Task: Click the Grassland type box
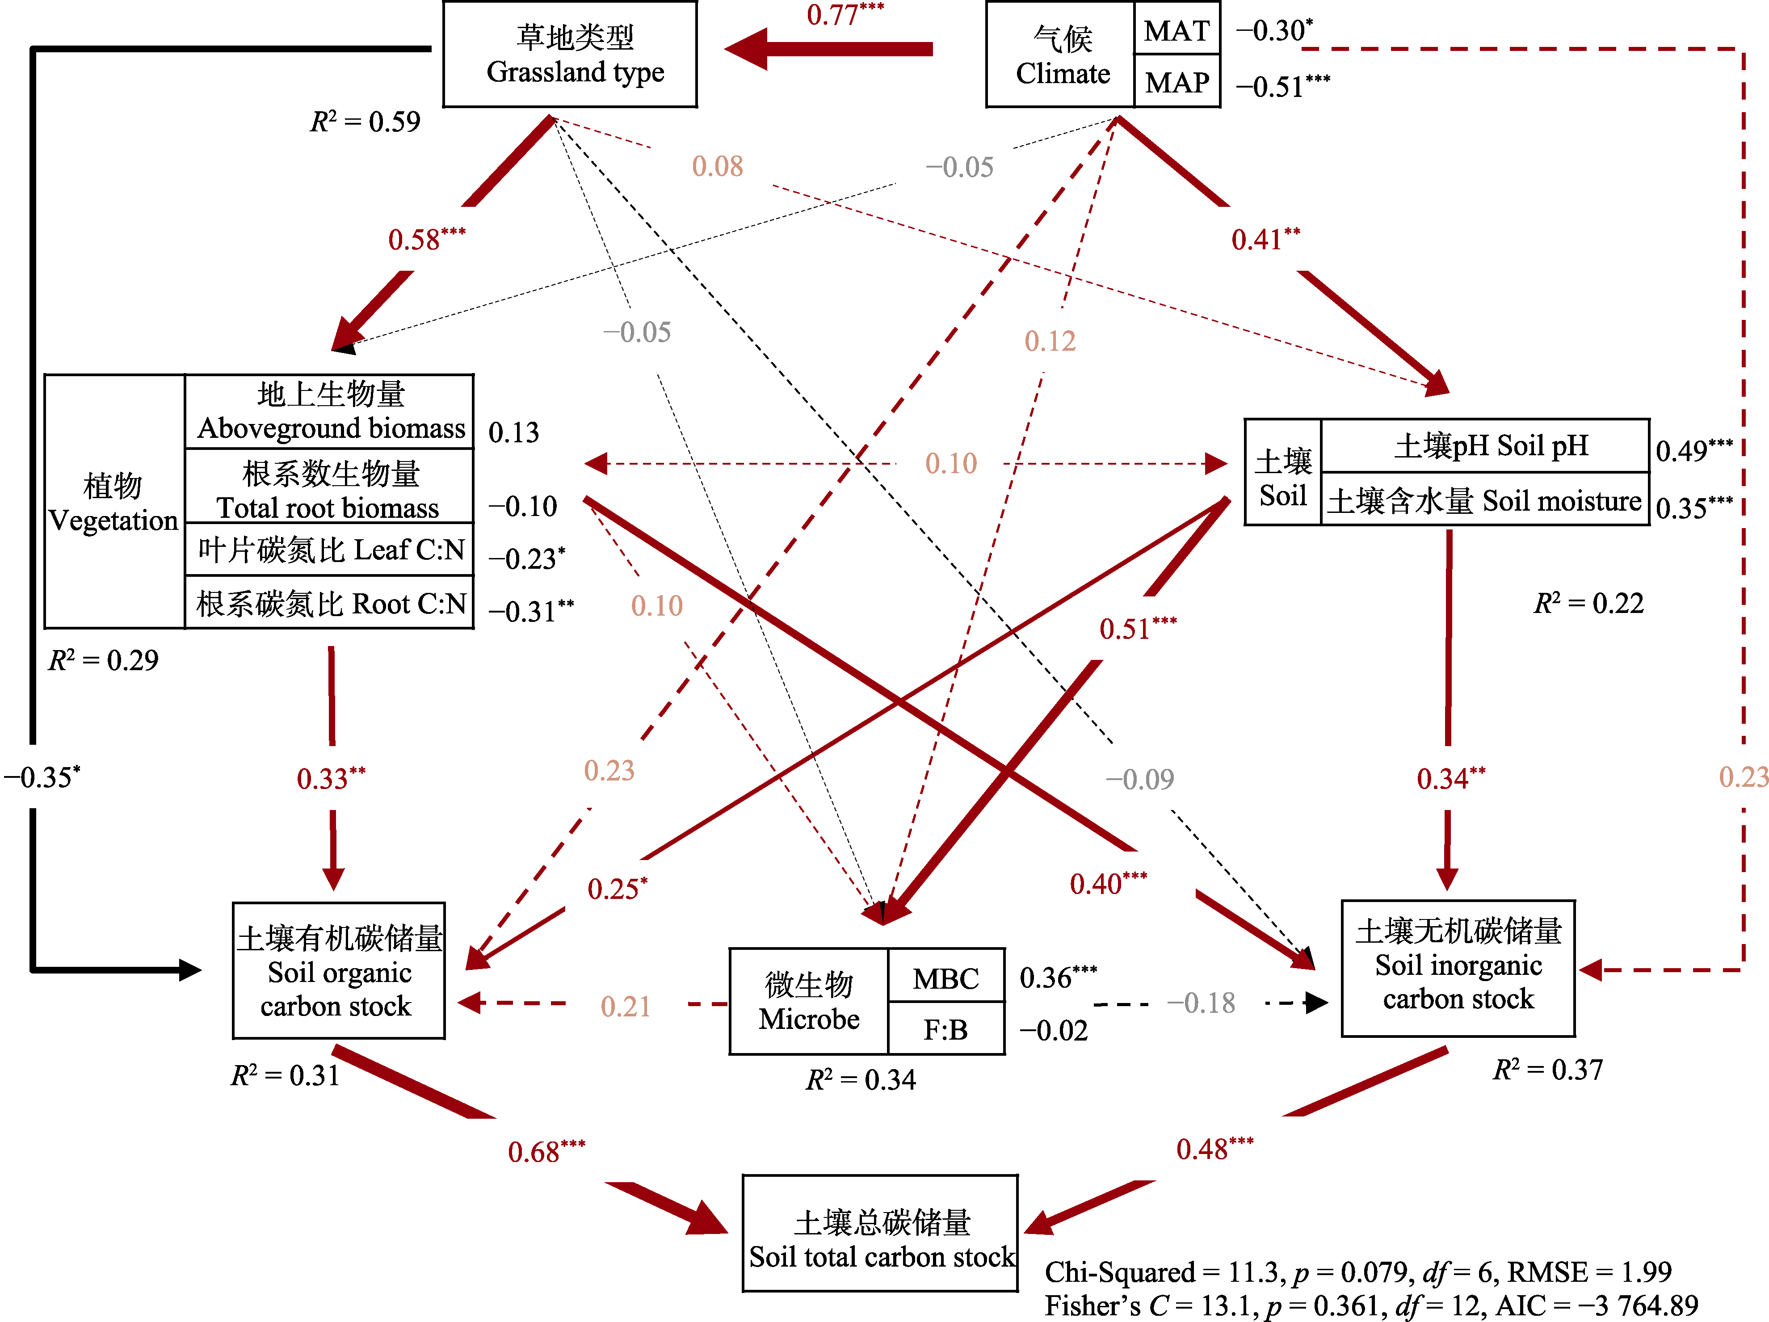point(570,55)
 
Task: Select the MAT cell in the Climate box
point(1177,30)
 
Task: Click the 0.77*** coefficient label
point(845,14)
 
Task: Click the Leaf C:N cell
point(329,550)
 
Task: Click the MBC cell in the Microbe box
point(945,978)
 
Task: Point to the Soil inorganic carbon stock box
point(1458,966)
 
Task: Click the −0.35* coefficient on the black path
point(42,776)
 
